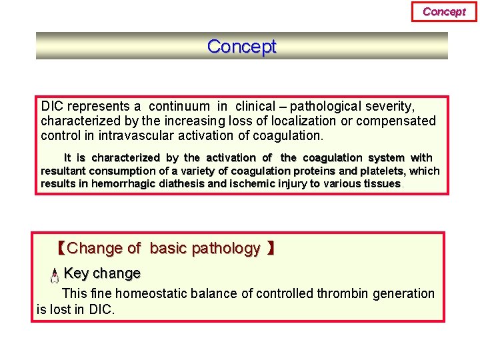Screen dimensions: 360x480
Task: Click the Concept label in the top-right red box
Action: click(444, 11)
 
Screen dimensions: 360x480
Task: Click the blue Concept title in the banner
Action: click(241, 47)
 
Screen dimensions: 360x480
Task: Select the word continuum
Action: click(179, 106)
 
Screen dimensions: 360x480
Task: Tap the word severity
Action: click(391, 106)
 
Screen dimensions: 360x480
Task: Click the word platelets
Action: click(382, 171)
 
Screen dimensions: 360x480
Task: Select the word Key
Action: click(76, 273)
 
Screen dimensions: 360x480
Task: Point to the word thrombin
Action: click(343, 293)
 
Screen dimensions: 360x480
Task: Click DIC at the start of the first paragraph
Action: click(52, 106)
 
